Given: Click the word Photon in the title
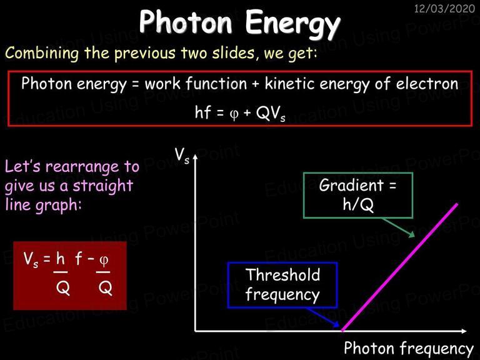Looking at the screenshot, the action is coord(186,21).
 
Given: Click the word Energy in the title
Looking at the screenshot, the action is coord(292,24).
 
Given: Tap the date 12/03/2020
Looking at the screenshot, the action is coord(444,8).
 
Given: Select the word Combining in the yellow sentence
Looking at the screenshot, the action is coord(42,53).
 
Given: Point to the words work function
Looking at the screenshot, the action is coord(196,83).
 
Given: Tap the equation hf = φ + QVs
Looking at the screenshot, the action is coord(240,113).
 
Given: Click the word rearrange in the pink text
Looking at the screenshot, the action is coord(82,167).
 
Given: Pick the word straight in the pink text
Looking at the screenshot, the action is coord(103,186).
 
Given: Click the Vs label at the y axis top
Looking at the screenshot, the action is coord(182,156).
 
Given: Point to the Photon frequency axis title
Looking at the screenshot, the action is coord(409,348).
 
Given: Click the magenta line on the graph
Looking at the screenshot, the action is coord(400,267).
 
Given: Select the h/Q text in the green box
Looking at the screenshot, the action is coord(358,204).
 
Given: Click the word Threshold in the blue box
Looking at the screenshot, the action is coord(283,274).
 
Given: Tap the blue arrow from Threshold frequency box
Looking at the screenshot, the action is coord(323,317).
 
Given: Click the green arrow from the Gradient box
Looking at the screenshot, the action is coord(398,227).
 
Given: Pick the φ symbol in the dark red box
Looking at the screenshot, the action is coord(104,260).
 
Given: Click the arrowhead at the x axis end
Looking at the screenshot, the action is coord(464,331).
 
